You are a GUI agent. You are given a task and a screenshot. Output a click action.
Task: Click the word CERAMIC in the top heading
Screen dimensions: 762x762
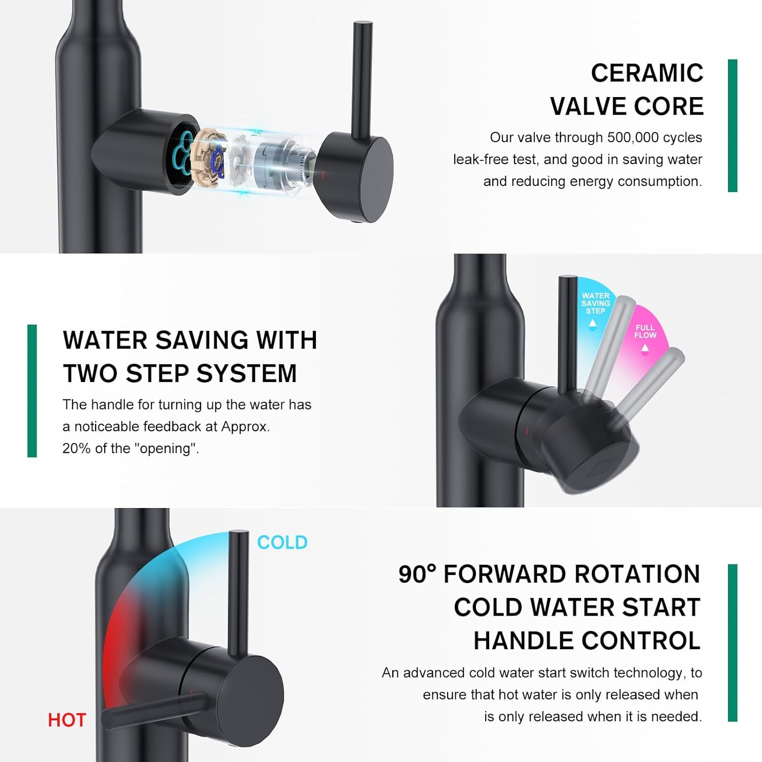647,73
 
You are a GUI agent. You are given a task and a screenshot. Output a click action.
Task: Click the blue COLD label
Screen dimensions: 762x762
282,543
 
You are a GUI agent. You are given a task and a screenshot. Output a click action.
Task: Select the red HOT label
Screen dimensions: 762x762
67,720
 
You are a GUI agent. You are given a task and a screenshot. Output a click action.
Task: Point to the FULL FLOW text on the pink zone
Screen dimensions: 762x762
645,332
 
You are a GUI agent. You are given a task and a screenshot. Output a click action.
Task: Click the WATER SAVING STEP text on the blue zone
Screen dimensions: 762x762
595,303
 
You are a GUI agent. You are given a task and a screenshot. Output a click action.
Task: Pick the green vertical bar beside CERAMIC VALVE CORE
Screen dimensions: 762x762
733,125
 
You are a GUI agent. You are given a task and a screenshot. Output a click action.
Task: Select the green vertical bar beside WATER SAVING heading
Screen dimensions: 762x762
32,391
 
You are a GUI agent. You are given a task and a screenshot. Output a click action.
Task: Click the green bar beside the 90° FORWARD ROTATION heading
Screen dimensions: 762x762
733,643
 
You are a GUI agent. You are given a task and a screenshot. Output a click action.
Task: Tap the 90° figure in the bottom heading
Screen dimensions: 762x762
417,575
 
